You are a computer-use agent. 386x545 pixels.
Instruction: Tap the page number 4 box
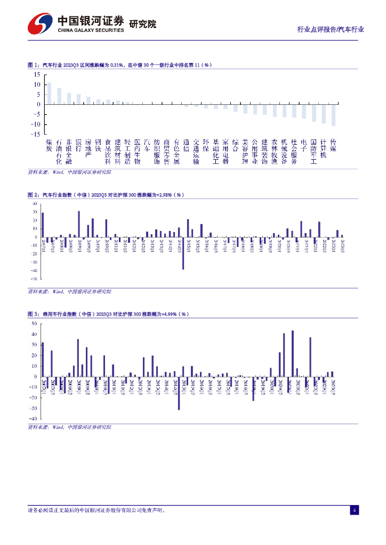[x=354, y=510]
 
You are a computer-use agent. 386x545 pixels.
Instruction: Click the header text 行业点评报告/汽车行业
[x=331, y=30]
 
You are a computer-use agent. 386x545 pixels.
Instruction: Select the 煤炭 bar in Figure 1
[x=49, y=93]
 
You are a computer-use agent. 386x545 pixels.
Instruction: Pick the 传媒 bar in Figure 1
[x=333, y=115]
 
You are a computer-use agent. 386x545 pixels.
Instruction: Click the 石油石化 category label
[x=59, y=151]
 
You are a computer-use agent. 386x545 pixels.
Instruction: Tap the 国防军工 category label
[x=313, y=151]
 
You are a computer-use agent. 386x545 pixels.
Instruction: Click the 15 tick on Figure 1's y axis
[x=37, y=75]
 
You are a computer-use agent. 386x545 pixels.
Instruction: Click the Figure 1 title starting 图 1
[x=119, y=65]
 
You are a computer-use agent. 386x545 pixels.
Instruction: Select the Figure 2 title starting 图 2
[x=105, y=195]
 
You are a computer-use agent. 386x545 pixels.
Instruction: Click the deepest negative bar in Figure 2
[x=183, y=253]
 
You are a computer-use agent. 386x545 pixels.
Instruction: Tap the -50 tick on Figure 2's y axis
[x=35, y=278]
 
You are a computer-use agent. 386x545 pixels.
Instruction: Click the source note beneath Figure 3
[x=69, y=427]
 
